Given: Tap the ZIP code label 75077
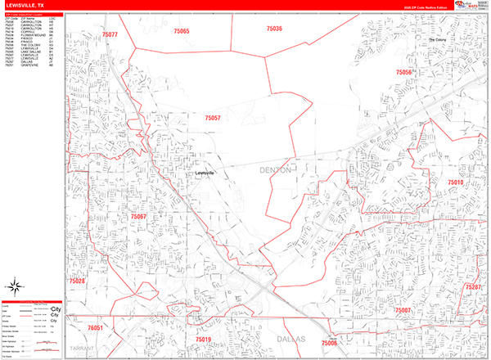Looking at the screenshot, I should click(110, 34).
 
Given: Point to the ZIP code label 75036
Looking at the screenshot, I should click(274, 29).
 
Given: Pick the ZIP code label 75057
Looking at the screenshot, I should click(213, 118).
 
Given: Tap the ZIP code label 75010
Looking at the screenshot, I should click(455, 182).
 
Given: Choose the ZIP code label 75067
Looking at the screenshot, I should click(138, 217).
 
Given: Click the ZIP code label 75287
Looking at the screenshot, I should click(472, 288).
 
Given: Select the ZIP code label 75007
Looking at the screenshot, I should click(402, 311).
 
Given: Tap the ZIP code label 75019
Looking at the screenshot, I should click(203, 339).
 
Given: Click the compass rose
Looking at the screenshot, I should click(14, 286).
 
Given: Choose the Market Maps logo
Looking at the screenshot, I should click(471, 7).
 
